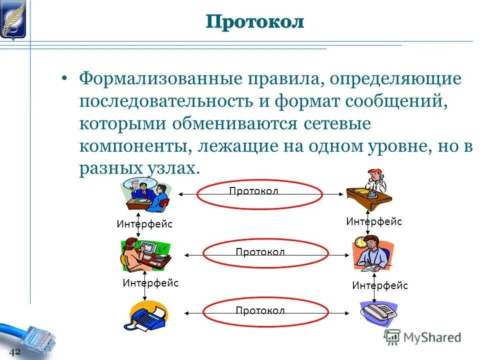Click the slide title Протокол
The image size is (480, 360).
pos(255,21)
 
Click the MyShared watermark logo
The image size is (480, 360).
pos(422,337)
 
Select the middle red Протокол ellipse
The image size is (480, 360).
pos(259,254)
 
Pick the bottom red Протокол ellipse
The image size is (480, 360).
pos(259,312)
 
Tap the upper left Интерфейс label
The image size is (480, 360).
pos(144,224)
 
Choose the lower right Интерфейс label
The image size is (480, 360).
pos(380,285)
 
